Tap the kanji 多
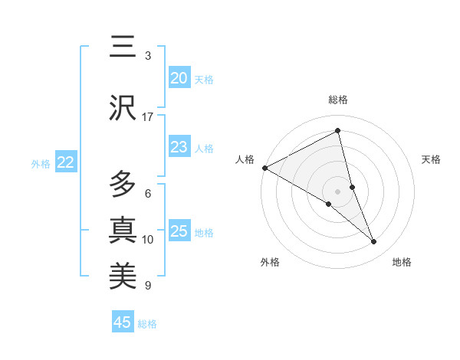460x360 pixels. [123, 184]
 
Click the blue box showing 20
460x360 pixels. [179, 78]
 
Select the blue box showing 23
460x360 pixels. [179, 148]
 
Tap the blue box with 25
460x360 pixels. [179, 232]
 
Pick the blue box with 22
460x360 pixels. [65, 162]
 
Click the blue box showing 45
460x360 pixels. [123, 322]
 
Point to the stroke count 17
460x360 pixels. [148, 117]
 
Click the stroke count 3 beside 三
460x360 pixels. [148, 56]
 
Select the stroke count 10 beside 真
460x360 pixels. [148, 240]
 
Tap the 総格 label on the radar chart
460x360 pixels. [337, 100]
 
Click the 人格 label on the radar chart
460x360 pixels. [245, 159]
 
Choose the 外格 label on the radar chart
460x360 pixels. [270, 263]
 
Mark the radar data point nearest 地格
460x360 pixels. [374, 242]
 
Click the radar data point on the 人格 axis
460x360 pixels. [264, 168]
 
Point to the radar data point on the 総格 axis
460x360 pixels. [337, 131]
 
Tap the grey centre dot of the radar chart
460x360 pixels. [337, 191]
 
